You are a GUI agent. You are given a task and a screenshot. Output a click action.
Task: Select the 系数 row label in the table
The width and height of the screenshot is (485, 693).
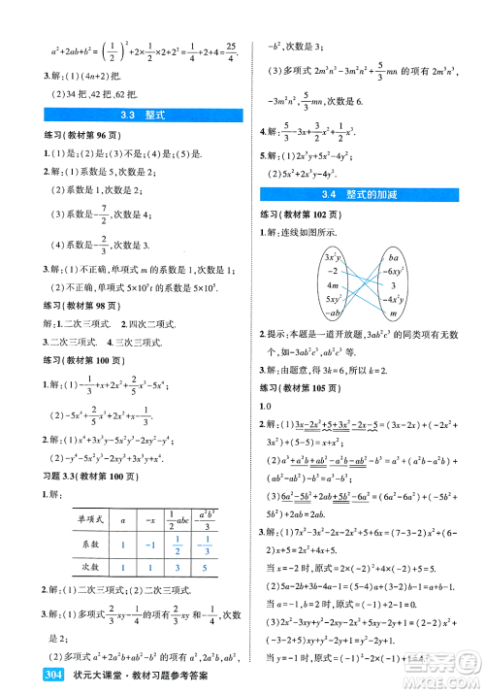pyautogui.click(x=93, y=545)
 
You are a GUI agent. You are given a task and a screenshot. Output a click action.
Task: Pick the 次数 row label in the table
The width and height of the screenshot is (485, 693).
pyautogui.click(x=93, y=569)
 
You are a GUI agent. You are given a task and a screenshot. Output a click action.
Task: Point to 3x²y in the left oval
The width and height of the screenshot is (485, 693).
pyautogui.click(x=334, y=257)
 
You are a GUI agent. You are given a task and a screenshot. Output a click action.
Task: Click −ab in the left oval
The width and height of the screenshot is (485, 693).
pyautogui.click(x=334, y=314)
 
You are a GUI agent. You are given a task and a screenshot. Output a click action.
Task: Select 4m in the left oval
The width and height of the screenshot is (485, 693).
pyautogui.click(x=333, y=286)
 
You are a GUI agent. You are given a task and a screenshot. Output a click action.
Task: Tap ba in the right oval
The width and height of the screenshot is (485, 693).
pyautogui.click(x=394, y=258)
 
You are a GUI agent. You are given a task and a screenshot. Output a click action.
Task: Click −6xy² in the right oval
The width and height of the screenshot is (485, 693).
pyautogui.click(x=394, y=272)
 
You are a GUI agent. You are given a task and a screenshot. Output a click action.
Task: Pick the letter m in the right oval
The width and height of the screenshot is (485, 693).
pyautogui.click(x=394, y=314)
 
